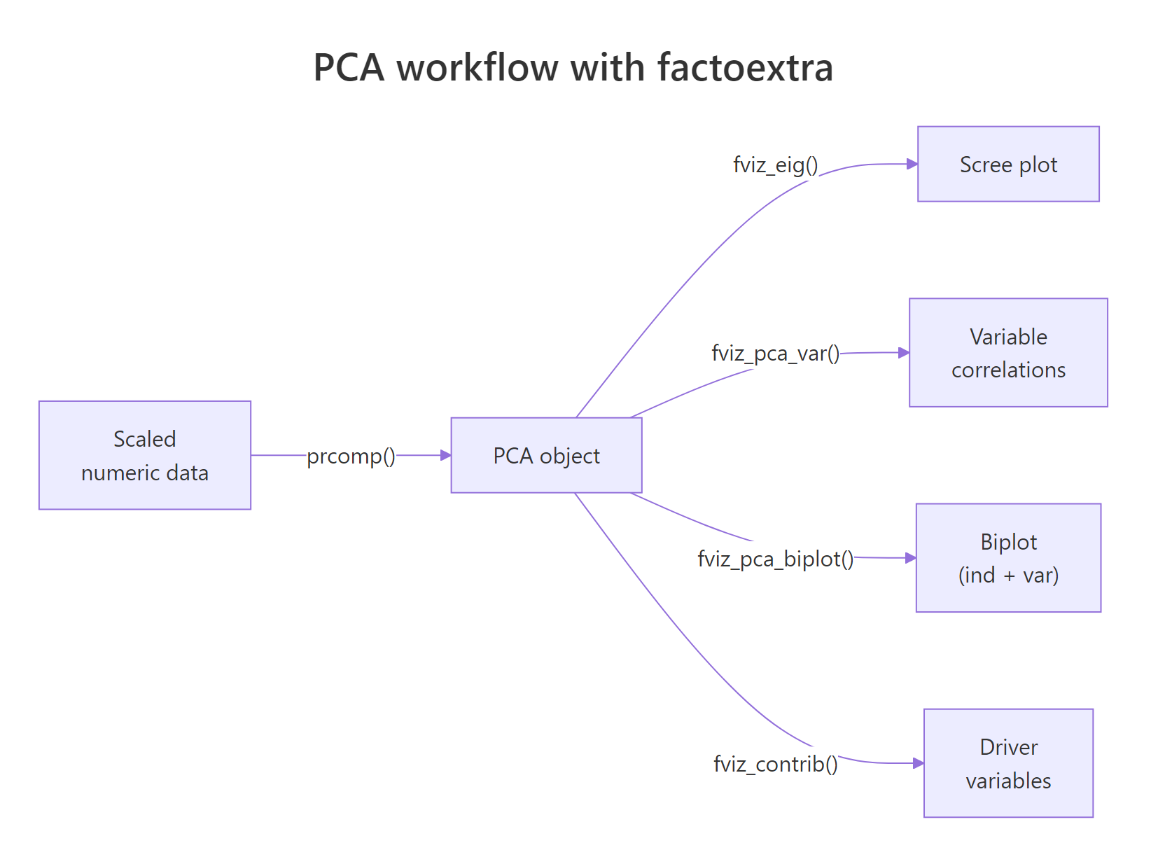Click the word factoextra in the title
(x=745, y=68)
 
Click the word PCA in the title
(x=349, y=68)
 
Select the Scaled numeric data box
(x=145, y=455)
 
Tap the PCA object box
(x=546, y=455)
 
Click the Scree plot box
(x=1008, y=165)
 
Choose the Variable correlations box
(x=1008, y=352)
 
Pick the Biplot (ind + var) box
(x=1008, y=558)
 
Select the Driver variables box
(x=1008, y=763)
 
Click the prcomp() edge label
(x=351, y=456)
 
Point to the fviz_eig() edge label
(x=776, y=165)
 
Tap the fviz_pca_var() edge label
(x=776, y=353)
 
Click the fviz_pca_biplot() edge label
(x=776, y=559)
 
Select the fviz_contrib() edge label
(x=776, y=764)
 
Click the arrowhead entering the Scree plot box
(x=912, y=164)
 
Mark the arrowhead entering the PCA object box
(x=446, y=455)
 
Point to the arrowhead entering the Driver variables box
(x=919, y=763)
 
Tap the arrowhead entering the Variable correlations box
(x=904, y=353)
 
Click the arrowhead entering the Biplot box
(x=911, y=558)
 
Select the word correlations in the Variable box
(x=1008, y=370)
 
